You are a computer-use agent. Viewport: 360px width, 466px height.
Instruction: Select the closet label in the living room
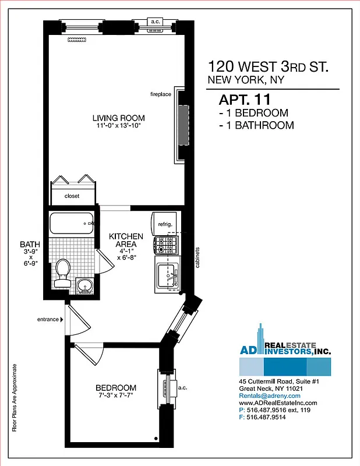(72, 196)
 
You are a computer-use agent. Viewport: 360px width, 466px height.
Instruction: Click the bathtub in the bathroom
(71, 224)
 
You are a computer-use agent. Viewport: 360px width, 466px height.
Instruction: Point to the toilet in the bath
(62, 273)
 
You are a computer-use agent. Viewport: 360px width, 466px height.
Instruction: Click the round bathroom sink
(86, 285)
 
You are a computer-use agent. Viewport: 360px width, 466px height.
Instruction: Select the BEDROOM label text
(117, 388)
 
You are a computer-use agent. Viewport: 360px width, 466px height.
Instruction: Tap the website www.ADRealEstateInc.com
(278, 403)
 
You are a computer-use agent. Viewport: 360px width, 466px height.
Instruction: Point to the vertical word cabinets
(197, 257)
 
